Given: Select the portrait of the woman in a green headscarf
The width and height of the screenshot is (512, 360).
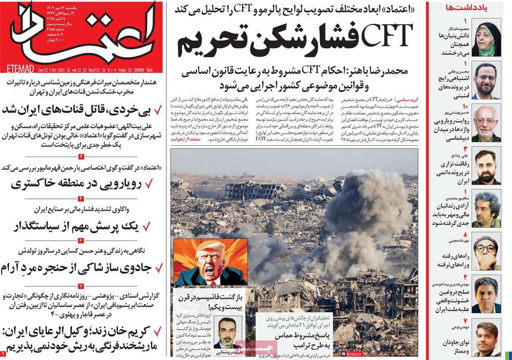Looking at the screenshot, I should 486,38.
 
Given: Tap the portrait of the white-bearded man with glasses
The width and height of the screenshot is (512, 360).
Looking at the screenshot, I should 486,123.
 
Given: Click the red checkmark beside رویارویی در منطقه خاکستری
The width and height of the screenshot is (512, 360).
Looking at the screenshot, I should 151,183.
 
